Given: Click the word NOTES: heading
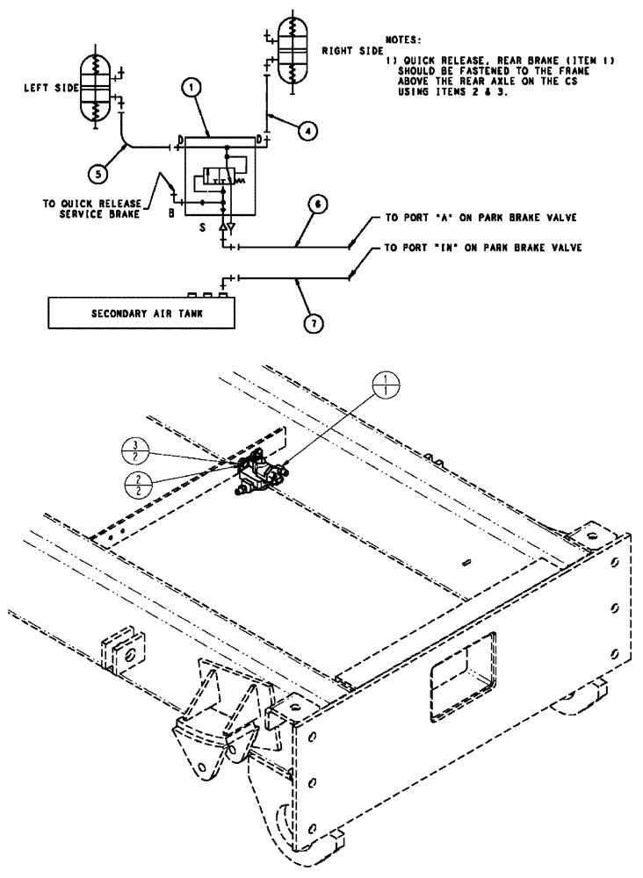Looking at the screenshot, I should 403,40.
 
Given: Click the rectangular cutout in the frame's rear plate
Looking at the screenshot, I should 460,660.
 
